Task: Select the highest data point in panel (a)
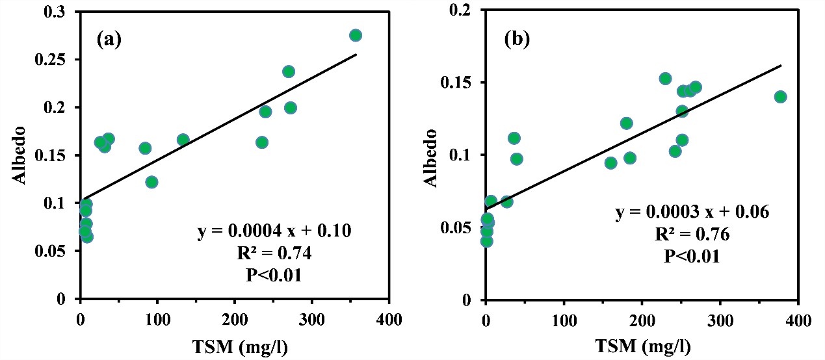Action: click(356, 35)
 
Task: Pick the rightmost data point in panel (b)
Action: click(780, 97)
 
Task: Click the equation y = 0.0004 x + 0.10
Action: click(274, 232)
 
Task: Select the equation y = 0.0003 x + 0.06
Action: click(692, 212)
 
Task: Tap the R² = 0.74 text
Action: click(274, 253)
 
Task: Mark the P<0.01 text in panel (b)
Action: click(692, 256)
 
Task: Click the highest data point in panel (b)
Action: click(665, 79)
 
